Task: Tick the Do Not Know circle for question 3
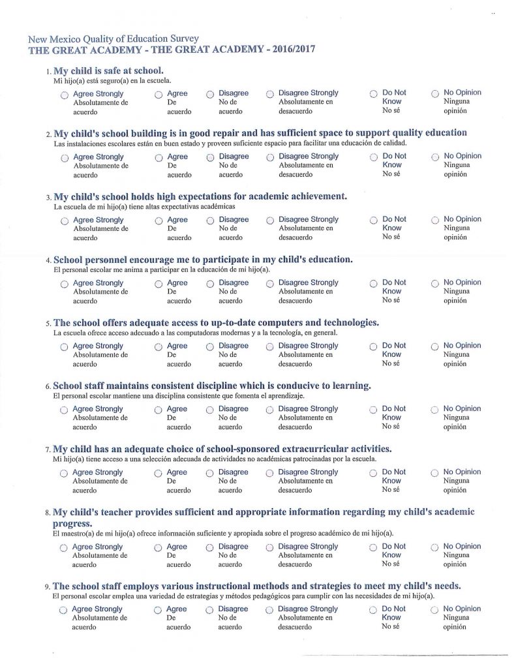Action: coord(374,221)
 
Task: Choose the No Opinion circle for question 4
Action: coord(435,284)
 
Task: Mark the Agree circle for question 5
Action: coord(159,347)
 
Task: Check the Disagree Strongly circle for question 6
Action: coord(269,410)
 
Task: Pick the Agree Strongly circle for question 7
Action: coord(63,474)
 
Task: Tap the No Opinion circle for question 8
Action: coord(434,548)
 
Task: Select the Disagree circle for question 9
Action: coord(210,611)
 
